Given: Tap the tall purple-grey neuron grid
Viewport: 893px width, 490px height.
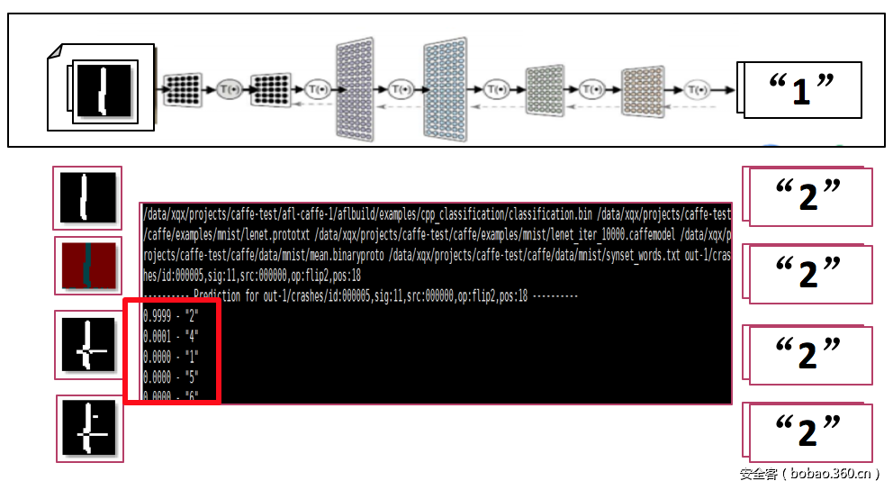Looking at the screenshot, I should pyautogui.click(x=359, y=89).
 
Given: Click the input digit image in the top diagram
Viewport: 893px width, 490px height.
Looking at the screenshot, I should pyautogui.click(x=104, y=89).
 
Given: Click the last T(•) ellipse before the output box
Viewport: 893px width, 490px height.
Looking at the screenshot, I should pyautogui.click(x=697, y=89).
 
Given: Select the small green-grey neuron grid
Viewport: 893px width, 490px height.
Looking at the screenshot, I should pyautogui.click(x=544, y=89).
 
